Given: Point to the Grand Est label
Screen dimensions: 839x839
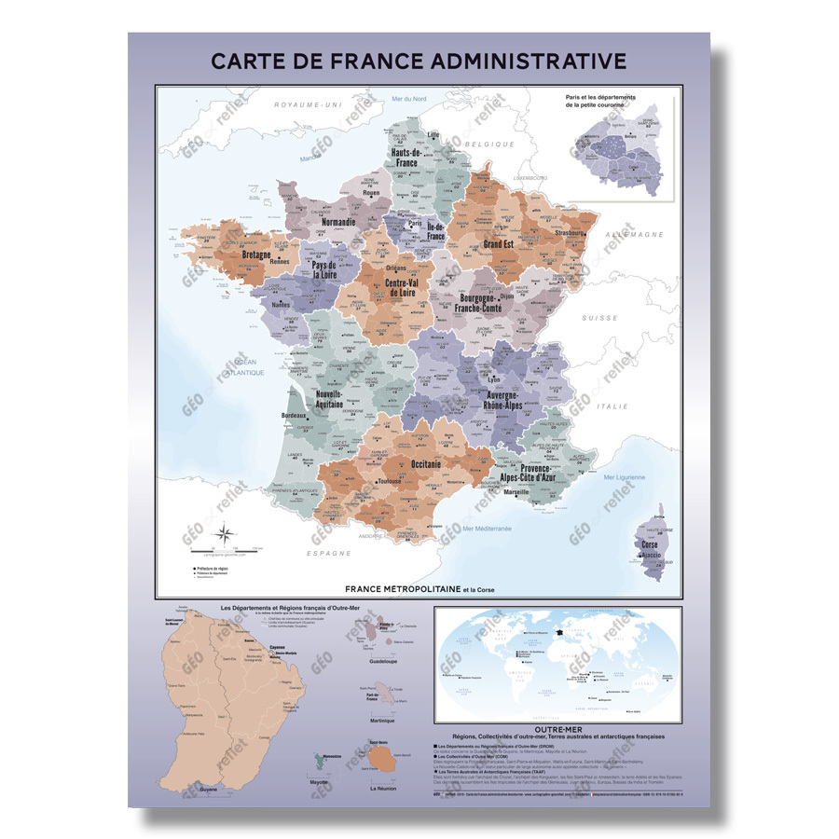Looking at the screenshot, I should point(499,244).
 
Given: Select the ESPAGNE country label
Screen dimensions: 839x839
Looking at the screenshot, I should point(331,552).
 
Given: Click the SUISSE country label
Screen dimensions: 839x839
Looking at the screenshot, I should point(600,318).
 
